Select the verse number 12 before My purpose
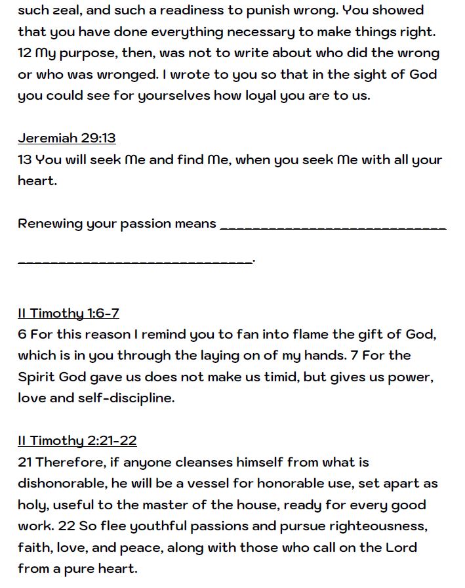tap(24, 53)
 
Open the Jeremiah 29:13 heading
tap(67, 138)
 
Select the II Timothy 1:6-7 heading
tap(68, 313)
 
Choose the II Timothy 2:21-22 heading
tap(77, 440)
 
